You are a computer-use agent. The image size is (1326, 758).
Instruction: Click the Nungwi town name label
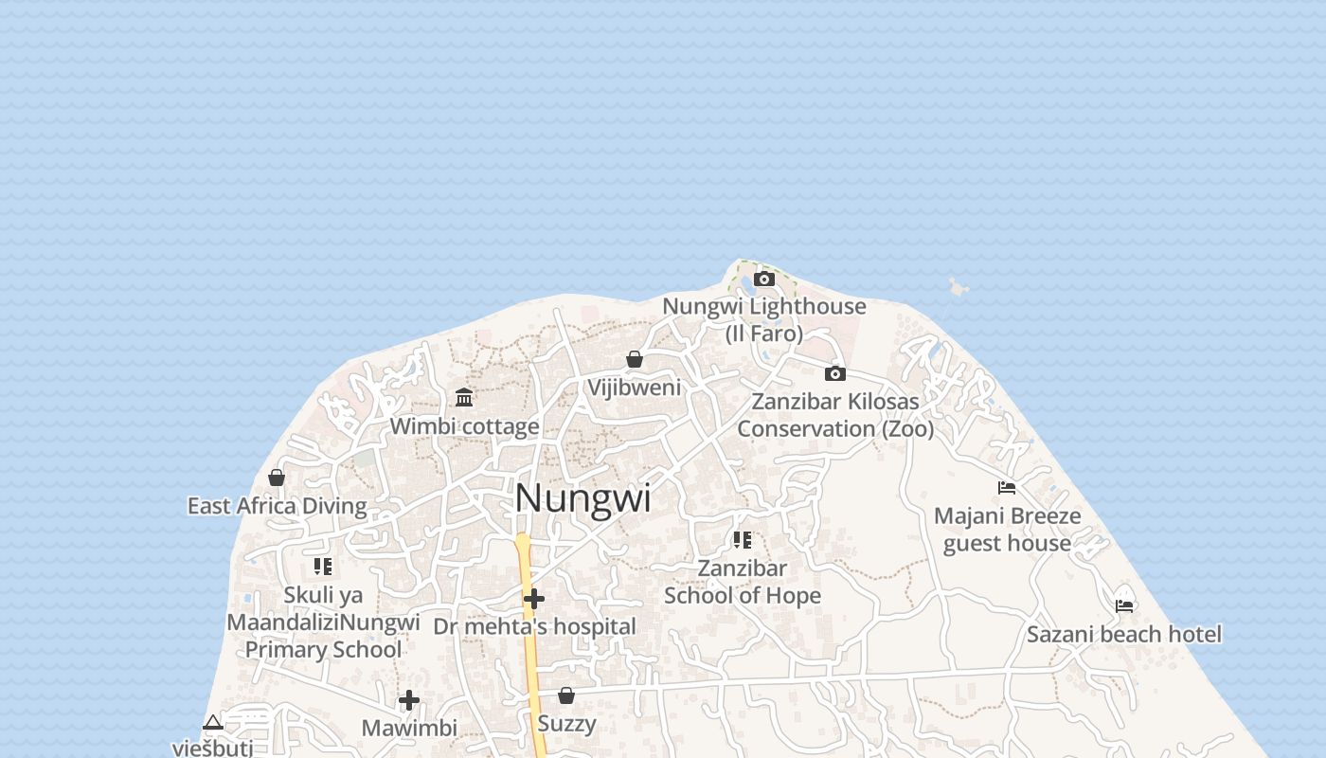(582, 498)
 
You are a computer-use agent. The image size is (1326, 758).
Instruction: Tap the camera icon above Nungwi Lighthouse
(764, 279)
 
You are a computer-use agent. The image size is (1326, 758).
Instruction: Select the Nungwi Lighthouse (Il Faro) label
(763, 319)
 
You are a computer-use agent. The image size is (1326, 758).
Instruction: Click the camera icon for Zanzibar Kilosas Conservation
(834, 373)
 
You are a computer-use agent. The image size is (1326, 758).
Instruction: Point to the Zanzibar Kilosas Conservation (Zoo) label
(835, 415)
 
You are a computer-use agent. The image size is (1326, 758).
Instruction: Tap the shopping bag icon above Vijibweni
(635, 359)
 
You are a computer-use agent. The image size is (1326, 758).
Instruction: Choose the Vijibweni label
(634, 388)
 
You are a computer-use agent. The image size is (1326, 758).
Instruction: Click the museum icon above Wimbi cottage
(464, 397)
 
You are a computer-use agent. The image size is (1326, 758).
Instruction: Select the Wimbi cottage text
(464, 426)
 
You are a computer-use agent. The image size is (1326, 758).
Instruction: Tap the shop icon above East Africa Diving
(277, 477)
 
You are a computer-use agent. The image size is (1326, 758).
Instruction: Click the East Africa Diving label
(277, 506)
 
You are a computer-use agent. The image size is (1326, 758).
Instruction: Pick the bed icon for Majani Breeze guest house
(1007, 487)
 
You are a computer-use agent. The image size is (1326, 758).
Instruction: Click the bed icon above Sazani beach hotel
(1124, 605)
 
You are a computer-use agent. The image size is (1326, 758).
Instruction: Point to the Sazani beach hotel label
(1124, 634)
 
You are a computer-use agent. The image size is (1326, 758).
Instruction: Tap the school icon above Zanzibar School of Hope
(743, 540)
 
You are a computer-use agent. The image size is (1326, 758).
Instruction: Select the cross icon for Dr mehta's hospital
(534, 599)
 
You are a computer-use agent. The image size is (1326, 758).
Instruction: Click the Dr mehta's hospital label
(534, 626)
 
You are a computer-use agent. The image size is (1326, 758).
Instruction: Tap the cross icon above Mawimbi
(409, 700)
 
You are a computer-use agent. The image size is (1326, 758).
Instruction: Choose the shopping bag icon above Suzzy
(566, 695)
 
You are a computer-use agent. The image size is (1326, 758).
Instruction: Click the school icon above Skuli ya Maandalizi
(323, 567)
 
